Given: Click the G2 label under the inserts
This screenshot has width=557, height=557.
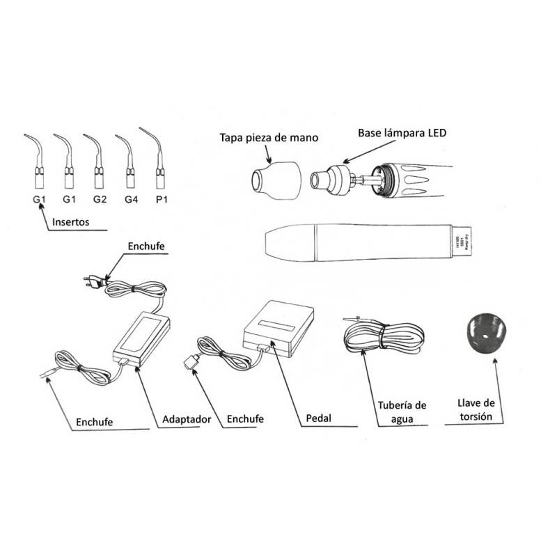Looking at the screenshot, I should pyautogui.click(x=99, y=200).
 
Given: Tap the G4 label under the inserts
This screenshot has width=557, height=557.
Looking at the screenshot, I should pyautogui.click(x=130, y=200).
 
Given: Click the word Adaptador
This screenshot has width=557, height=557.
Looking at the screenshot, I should pyautogui.click(x=186, y=420).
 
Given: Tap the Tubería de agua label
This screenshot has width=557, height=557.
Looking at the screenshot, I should pyautogui.click(x=402, y=411).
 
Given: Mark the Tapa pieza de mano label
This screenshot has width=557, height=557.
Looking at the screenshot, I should pyautogui.click(x=268, y=138).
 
